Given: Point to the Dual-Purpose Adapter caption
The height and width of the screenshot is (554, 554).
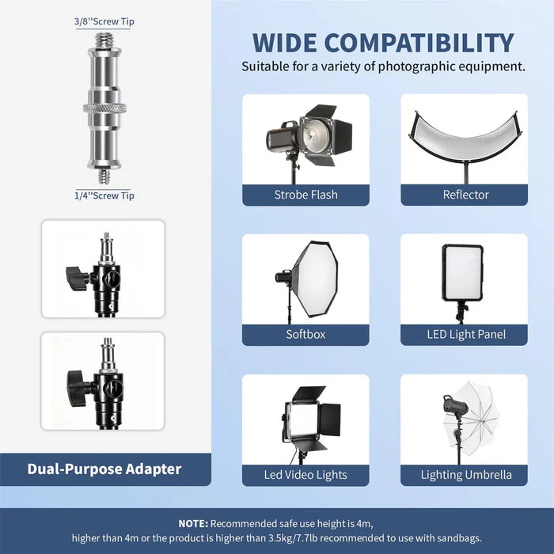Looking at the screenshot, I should [x=104, y=469].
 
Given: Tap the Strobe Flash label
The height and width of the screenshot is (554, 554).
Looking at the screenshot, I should [x=305, y=195].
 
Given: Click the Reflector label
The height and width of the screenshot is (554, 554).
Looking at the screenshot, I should [x=465, y=195].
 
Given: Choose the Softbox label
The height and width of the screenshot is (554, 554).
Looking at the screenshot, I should [x=305, y=334].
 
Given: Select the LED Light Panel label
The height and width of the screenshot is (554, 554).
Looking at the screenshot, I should [x=465, y=334].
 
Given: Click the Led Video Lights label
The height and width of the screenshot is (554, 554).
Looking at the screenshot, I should [x=305, y=475].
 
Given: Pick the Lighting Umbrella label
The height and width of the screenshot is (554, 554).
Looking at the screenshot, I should [x=465, y=475].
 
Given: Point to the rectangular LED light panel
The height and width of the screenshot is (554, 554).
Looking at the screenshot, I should [x=462, y=272].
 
